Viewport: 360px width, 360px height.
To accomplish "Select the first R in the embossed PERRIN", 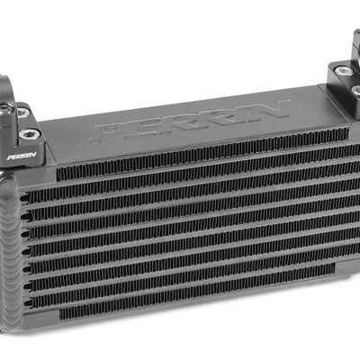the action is (x=175, y=122).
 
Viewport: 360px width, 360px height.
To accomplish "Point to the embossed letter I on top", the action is (x=238, y=113).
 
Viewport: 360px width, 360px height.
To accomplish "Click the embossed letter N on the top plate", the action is (x=268, y=109).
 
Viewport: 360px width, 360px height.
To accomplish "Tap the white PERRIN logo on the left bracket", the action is (x=22, y=157).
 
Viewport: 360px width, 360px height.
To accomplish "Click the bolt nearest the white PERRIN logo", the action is (x=29, y=134).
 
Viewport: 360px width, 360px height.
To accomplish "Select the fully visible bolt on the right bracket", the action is (x=342, y=71).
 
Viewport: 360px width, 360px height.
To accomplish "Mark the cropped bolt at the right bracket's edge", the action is (x=355, y=89).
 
